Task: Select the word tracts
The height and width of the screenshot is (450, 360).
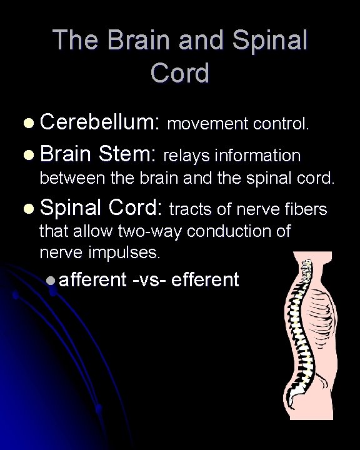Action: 189,209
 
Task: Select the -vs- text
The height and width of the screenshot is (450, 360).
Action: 148,279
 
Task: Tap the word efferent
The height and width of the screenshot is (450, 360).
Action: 204,279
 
